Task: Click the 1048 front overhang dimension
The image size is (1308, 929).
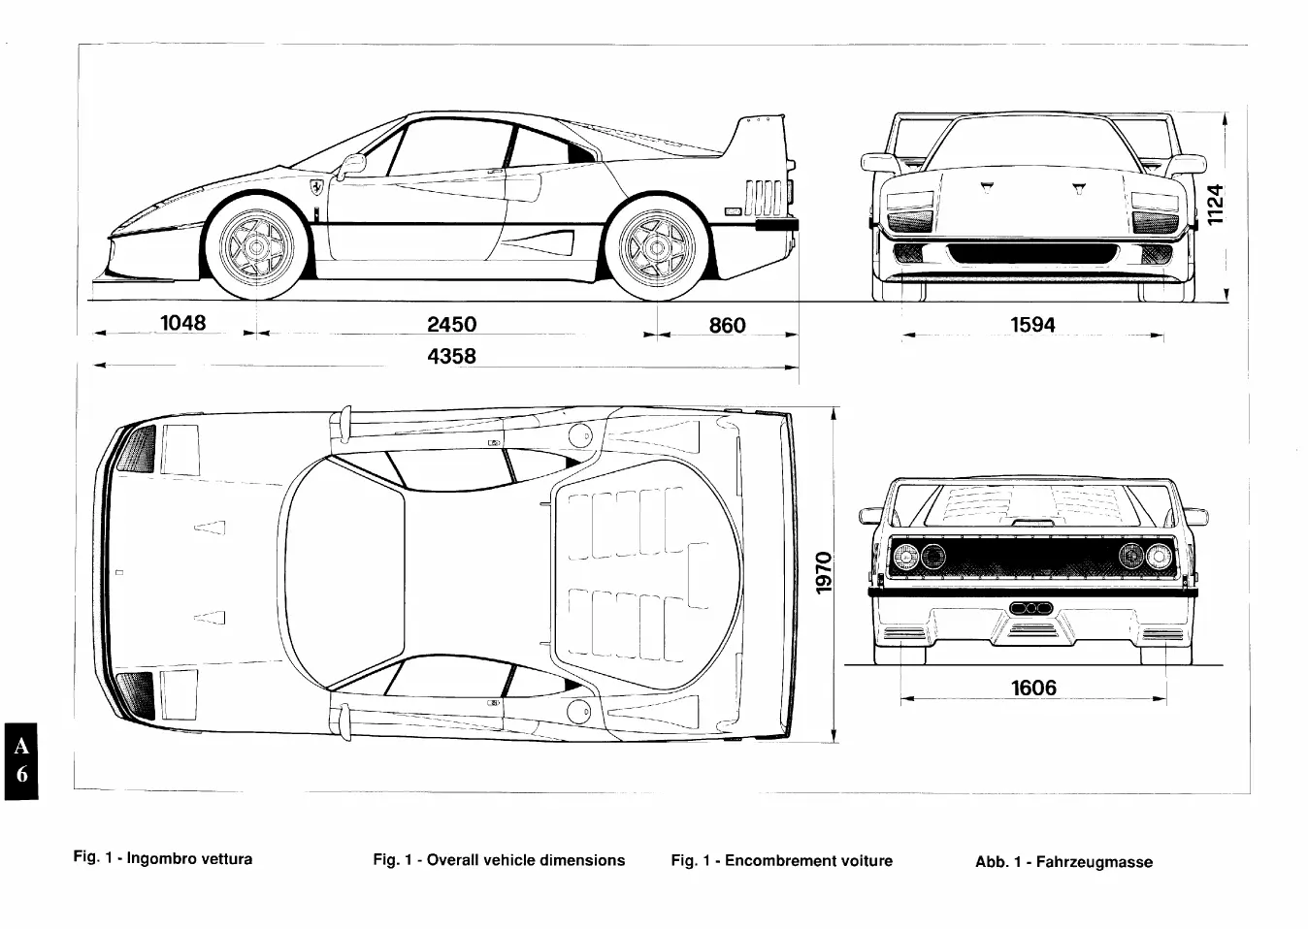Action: pyautogui.click(x=182, y=323)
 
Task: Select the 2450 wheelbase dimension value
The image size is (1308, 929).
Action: pyautogui.click(x=452, y=324)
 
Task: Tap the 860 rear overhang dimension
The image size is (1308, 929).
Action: pyautogui.click(x=727, y=326)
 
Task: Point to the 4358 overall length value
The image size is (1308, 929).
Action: pyautogui.click(x=452, y=356)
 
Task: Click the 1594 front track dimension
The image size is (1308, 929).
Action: pyautogui.click(x=1032, y=325)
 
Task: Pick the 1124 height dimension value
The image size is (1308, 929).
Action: pyautogui.click(x=1215, y=204)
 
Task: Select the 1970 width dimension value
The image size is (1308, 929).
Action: pyautogui.click(x=824, y=572)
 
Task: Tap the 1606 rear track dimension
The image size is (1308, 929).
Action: pyautogui.click(x=1033, y=688)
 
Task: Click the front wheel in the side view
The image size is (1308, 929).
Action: pyautogui.click(x=256, y=247)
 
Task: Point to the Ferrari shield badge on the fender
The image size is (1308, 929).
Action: pyautogui.click(x=316, y=187)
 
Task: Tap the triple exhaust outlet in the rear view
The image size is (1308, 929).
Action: pyautogui.click(x=1030, y=608)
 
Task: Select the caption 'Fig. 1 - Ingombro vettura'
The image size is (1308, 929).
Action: pyautogui.click(x=163, y=858)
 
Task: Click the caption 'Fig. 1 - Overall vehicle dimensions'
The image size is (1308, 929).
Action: pyautogui.click(x=499, y=860)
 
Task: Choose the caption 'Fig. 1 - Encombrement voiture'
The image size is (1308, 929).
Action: pyautogui.click(x=781, y=860)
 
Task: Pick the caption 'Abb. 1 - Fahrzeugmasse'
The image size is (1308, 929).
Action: pyautogui.click(x=1063, y=861)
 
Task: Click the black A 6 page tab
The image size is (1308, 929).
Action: pyautogui.click(x=21, y=761)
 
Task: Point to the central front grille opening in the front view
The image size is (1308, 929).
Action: pyautogui.click(x=1032, y=254)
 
